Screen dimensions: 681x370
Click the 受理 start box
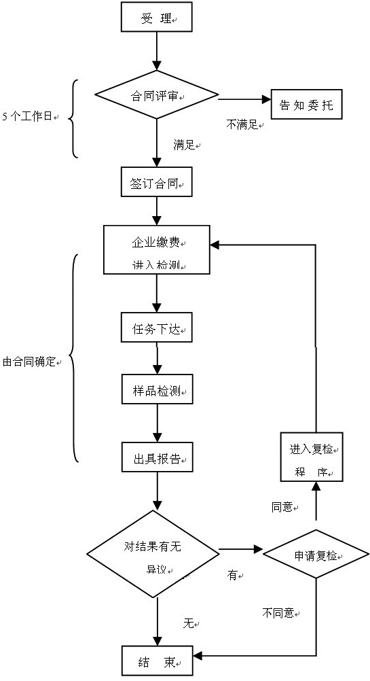[x=157, y=17]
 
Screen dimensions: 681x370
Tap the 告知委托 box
[x=306, y=105]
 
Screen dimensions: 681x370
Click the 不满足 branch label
[x=243, y=124]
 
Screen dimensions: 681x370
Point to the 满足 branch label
[x=185, y=145]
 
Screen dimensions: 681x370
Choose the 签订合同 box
[x=157, y=182]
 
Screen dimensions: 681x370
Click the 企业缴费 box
[x=157, y=249]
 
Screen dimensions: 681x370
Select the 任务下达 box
[x=157, y=329]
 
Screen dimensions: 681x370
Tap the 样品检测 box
[x=157, y=391]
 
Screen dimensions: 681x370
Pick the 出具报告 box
[x=157, y=459]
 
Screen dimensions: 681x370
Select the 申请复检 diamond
[x=316, y=555]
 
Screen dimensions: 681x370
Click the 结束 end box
[x=157, y=661]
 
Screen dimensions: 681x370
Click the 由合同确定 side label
[x=31, y=362]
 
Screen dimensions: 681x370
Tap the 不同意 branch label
[x=279, y=612]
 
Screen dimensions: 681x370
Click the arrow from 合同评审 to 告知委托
[x=244, y=99]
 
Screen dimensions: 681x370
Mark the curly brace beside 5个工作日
[x=73, y=118]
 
